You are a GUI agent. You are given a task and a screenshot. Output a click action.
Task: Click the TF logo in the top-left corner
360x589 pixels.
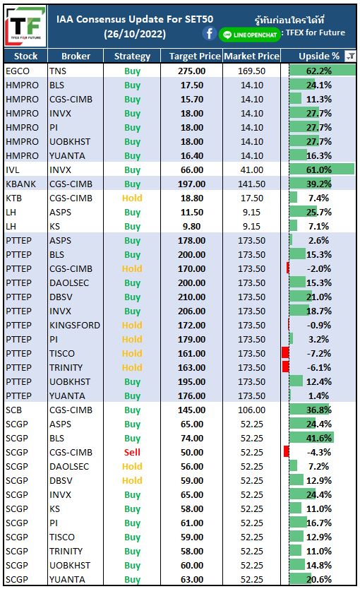(25, 26)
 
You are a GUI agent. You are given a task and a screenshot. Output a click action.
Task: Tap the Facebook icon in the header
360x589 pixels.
(210, 34)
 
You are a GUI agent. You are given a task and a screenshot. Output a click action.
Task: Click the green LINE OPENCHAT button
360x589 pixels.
(250, 35)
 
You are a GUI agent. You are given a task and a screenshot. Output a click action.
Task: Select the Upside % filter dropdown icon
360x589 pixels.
(350, 56)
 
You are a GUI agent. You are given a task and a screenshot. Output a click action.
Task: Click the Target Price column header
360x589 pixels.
(194, 56)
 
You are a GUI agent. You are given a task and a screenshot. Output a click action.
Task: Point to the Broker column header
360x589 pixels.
(76, 56)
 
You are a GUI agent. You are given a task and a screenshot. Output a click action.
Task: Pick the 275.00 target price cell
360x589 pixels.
(192, 71)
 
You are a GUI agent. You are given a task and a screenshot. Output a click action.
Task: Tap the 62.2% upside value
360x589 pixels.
(319, 71)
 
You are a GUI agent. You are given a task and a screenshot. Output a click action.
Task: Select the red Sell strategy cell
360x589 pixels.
(132, 452)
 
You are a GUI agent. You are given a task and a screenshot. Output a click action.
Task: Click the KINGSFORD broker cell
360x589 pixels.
(75, 326)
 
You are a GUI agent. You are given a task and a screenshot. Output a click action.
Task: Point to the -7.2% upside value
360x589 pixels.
(319, 354)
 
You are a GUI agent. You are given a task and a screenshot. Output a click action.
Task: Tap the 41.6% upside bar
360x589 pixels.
(311, 438)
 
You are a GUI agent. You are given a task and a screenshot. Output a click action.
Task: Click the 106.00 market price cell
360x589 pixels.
(251, 410)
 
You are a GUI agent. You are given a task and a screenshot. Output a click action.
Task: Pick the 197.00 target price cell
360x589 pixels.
(192, 184)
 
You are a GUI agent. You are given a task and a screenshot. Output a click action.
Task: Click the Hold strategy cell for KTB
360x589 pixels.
(132, 198)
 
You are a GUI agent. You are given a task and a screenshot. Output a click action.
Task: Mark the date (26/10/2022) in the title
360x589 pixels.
(135, 34)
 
